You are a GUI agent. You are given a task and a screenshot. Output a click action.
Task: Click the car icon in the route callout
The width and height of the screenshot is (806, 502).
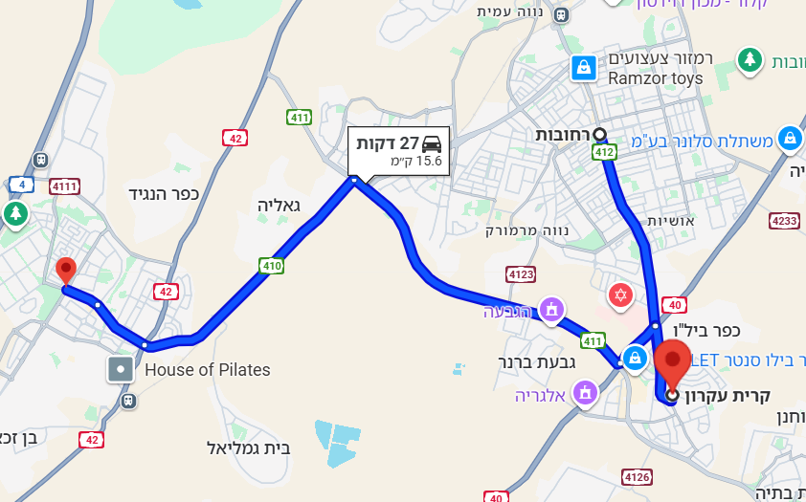click(432, 143)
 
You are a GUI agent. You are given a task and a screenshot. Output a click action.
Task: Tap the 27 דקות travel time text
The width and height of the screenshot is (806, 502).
click(388, 143)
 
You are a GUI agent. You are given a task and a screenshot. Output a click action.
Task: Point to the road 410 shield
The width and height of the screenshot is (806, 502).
click(271, 265)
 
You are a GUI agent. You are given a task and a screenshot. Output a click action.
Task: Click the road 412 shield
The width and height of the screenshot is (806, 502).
click(603, 152)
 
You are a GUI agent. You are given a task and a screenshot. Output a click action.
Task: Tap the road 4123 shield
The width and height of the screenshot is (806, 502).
click(521, 275)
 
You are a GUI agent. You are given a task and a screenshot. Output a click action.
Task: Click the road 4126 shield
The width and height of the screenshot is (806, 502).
click(636, 476)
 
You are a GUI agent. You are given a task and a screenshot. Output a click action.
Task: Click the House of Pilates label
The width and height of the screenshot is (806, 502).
click(207, 369)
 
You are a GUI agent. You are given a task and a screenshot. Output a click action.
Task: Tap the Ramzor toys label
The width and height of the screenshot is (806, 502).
click(655, 78)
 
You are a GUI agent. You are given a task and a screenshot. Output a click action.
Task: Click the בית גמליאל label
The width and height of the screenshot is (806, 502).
click(248, 447)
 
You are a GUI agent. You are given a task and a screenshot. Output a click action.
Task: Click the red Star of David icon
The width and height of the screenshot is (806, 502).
click(620, 295)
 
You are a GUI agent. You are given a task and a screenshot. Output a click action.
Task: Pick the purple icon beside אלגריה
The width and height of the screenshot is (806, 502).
click(584, 392)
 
